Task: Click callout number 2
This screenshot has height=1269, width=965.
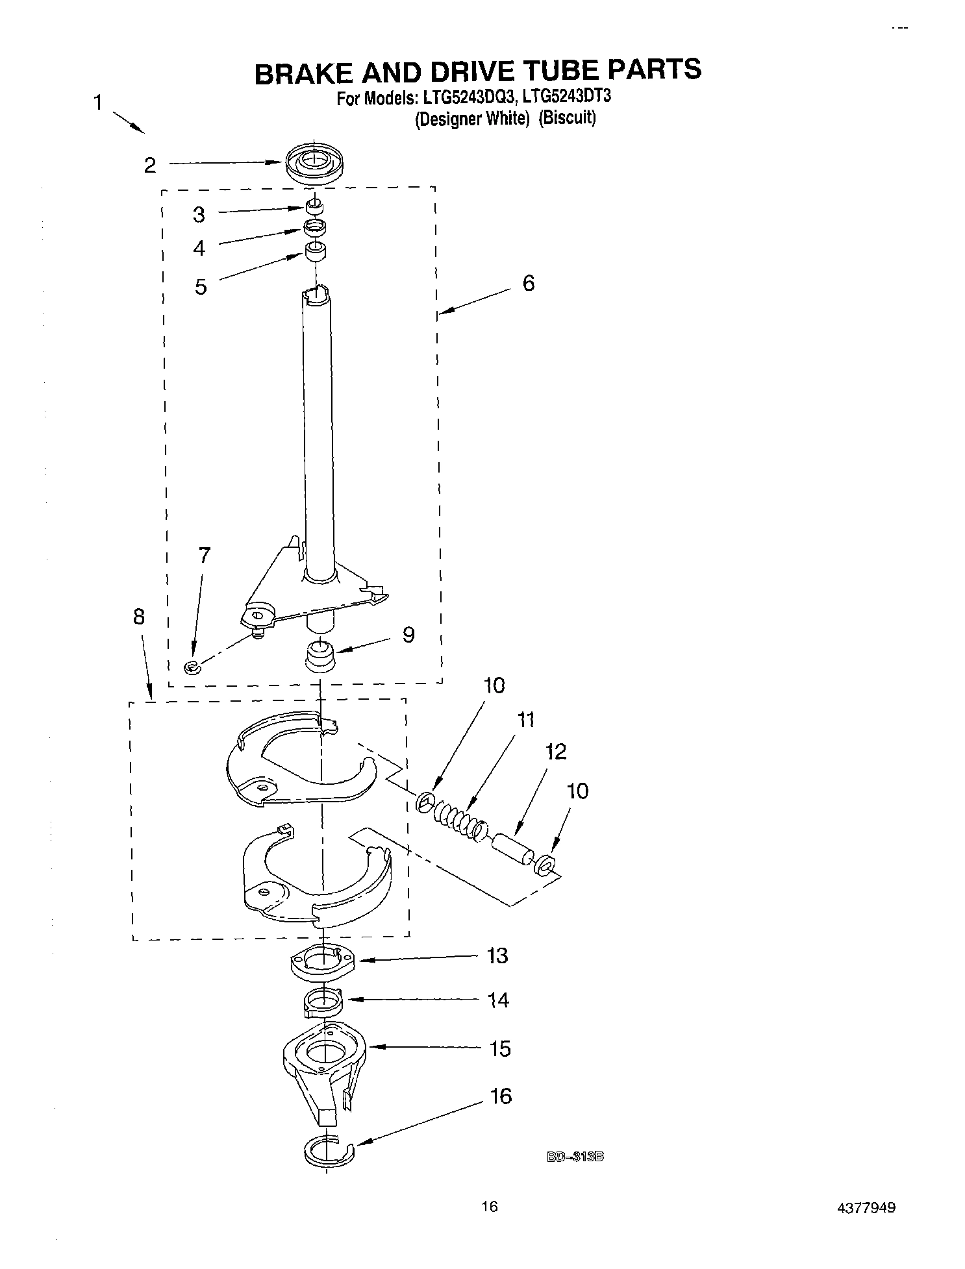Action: [x=150, y=166]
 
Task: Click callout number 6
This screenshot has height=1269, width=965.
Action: [x=529, y=283]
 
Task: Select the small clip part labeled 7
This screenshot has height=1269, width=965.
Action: [x=191, y=667]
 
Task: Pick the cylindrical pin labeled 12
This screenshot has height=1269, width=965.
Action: [x=512, y=849]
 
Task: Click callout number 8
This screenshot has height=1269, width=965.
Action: [x=138, y=617]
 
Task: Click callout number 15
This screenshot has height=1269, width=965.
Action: [x=500, y=1048]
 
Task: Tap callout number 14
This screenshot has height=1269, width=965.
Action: [x=498, y=1000]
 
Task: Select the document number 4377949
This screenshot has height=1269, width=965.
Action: [x=867, y=1208]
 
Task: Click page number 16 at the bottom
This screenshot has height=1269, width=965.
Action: [x=489, y=1207]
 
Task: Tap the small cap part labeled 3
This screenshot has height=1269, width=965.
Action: [x=314, y=206]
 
